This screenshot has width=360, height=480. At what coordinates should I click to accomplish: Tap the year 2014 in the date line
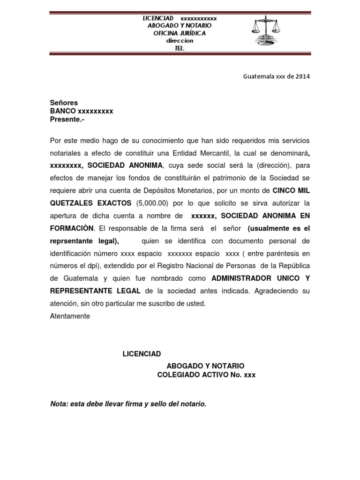coord(302,76)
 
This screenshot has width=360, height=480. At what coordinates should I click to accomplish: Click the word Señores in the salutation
coord(64,103)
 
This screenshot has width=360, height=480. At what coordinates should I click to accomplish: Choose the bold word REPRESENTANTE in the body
coord(80,291)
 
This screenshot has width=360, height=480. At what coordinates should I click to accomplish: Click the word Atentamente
coord(70,316)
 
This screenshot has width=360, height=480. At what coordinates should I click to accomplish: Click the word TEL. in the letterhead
coord(180,48)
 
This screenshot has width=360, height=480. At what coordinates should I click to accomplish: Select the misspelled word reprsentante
coord(74,241)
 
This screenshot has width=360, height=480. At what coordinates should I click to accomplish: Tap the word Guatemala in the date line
coord(258,76)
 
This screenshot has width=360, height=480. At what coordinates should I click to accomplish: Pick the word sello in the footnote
coord(157,404)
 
